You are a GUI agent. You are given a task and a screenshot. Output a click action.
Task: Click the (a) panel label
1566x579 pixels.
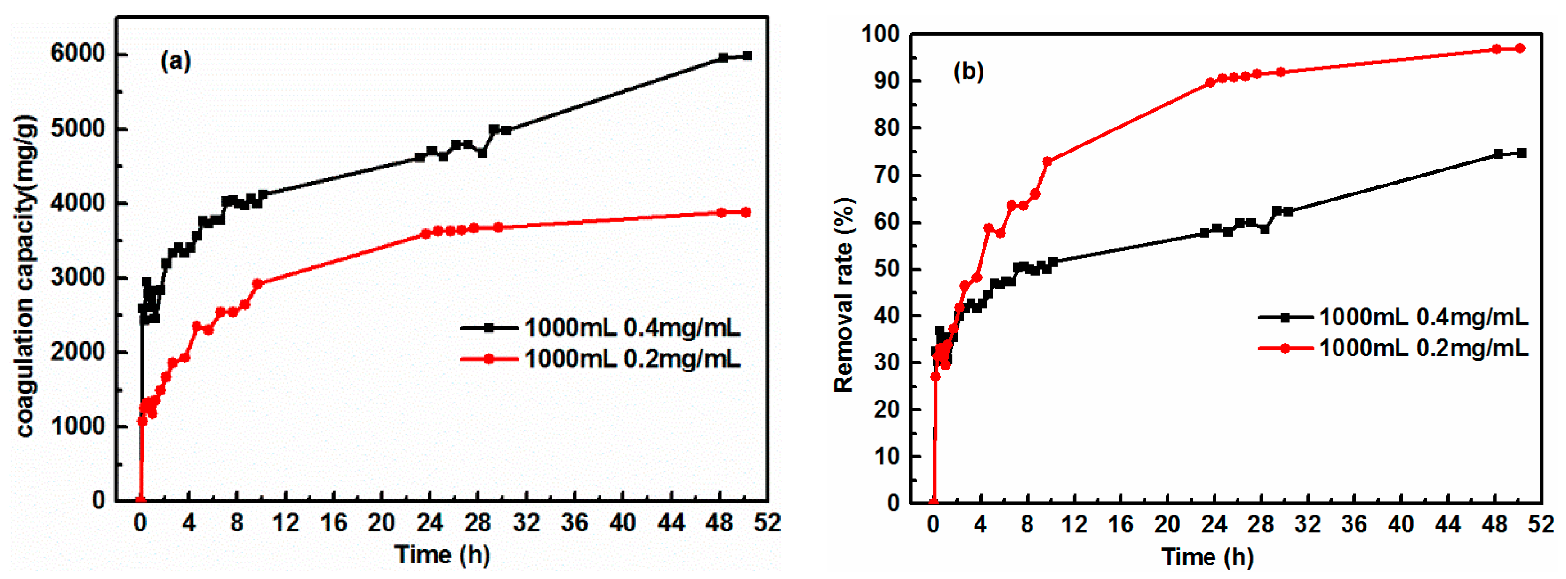click(175, 61)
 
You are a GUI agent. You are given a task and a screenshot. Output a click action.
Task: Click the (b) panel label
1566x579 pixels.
click(968, 72)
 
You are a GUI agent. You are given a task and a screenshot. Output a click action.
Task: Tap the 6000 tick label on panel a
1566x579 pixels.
click(78, 54)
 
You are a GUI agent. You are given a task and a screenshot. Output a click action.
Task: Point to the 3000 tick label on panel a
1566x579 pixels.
click(78, 277)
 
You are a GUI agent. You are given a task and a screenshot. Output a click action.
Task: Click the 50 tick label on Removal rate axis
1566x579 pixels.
click(887, 269)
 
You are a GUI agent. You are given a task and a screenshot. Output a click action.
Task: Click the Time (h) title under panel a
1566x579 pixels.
click(442, 555)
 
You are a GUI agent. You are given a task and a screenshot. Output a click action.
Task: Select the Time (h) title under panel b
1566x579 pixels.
click(1208, 556)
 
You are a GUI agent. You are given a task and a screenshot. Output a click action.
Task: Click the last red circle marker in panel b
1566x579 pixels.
click(1520, 48)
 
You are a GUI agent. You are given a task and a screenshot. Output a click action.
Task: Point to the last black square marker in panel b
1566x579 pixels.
click(1522, 153)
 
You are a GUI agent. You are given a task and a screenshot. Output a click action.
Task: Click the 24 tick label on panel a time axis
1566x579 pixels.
click(430, 523)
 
